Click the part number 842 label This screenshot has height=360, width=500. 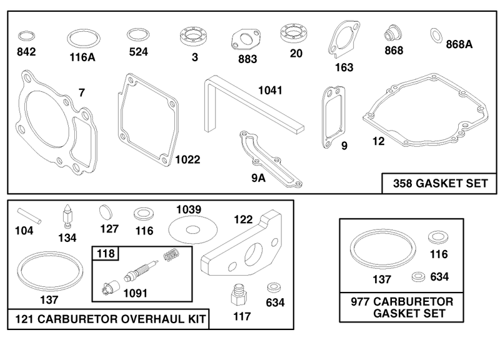tap(26, 52)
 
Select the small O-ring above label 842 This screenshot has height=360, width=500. tap(26, 36)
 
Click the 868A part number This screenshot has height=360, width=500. tap(459, 44)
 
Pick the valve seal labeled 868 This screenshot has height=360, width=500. tap(392, 32)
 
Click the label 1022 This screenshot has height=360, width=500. tap(188, 159)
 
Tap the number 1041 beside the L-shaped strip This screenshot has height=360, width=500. tap(270, 91)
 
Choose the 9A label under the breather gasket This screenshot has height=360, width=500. tap(258, 178)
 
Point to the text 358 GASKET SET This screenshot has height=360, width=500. tap(441, 183)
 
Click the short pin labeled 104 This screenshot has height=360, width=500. tap(29, 216)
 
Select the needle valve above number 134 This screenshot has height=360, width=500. tap(67, 216)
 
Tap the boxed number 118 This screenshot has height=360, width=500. tap(106, 254)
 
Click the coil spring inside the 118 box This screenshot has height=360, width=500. tap(172, 255)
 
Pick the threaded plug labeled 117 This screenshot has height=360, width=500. tap(239, 295)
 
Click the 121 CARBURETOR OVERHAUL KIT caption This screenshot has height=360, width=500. tap(111, 319)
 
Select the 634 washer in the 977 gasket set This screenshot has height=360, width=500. tap(418, 277)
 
